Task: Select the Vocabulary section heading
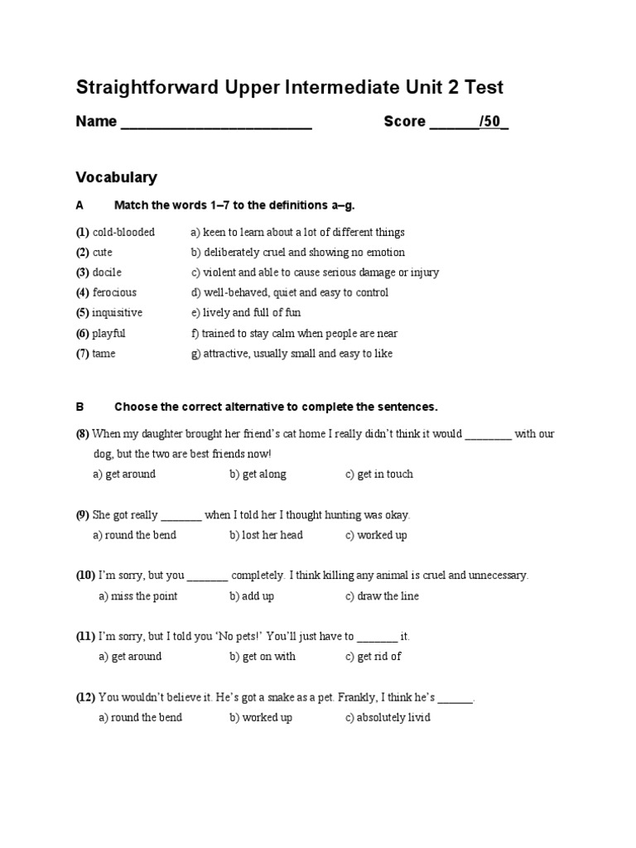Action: pyautogui.click(x=116, y=177)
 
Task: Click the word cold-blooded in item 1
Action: pyautogui.click(x=123, y=232)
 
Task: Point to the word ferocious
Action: pyautogui.click(x=114, y=292)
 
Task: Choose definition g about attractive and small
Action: pyautogui.click(x=291, y=354)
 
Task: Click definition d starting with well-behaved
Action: pyautogui.click(x=289, y=292)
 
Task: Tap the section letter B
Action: pyautogui.click(x=80, y=407)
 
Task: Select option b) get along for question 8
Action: pyautogui.click(x=258, y=475)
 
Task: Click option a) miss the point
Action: pyautogui.click(x=137, y=596)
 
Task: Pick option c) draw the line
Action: pyautogui.click(x=382, y=596)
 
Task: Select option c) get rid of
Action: pyautogui.click(x=373, y=657)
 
